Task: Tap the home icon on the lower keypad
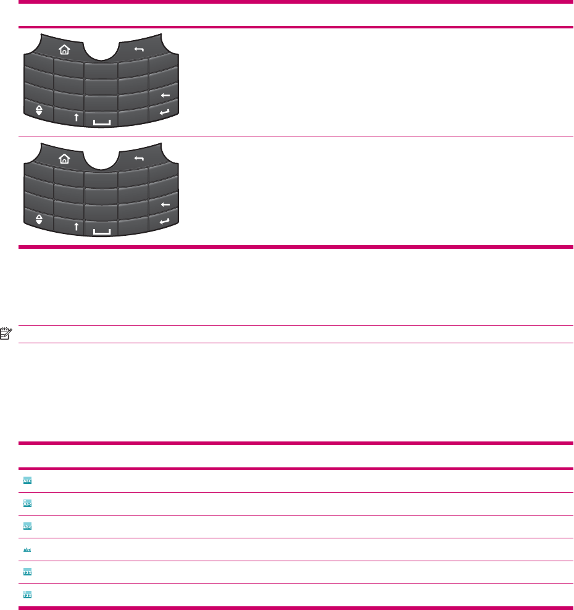click(x=64, y=159)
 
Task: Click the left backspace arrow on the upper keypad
click(x=165, y=96)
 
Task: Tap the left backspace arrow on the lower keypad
click(x=165, y=204)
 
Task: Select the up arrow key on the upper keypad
click(x=76, y=117)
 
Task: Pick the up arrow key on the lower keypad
click(x=76, y=226)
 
